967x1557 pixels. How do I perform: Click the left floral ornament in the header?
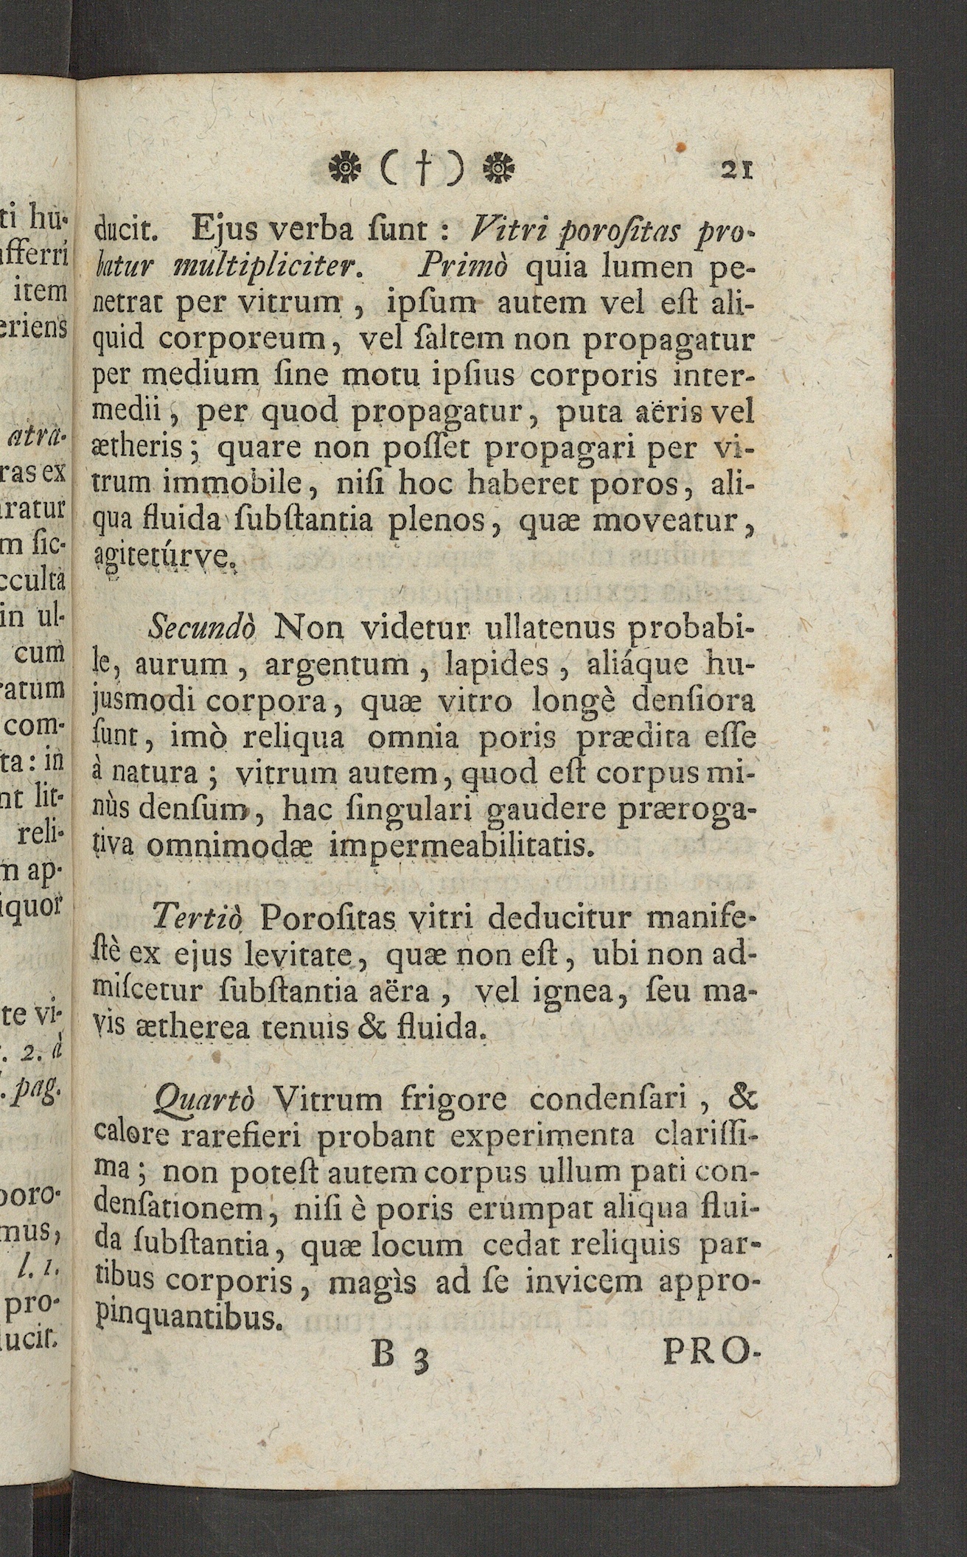342,169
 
